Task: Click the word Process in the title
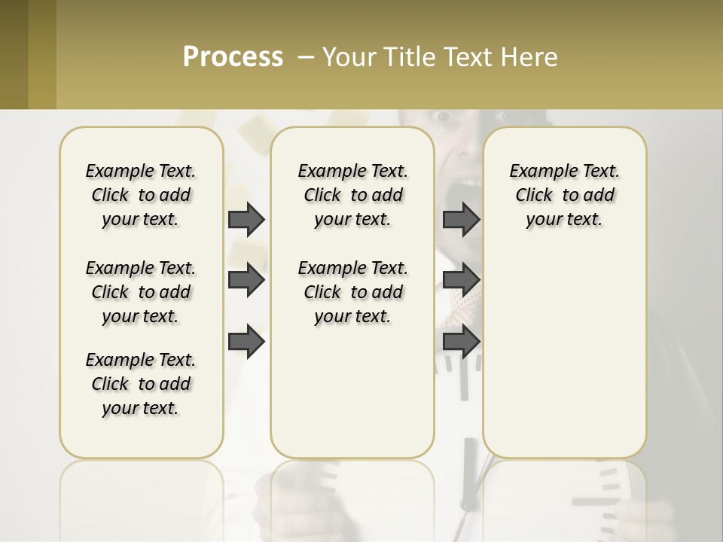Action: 233,57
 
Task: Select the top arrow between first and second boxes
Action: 246,219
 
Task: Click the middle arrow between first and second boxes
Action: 246,280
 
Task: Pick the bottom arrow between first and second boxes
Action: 246,342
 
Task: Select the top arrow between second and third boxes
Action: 461,219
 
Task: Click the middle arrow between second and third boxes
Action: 461,280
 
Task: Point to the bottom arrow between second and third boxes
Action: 461,342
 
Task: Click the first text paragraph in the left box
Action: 141,195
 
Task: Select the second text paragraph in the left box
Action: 141,292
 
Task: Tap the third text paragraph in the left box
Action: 141,384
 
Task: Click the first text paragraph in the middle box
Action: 352,195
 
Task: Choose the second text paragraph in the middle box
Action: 352,292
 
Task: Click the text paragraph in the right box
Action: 564,195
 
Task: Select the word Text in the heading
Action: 465,57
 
